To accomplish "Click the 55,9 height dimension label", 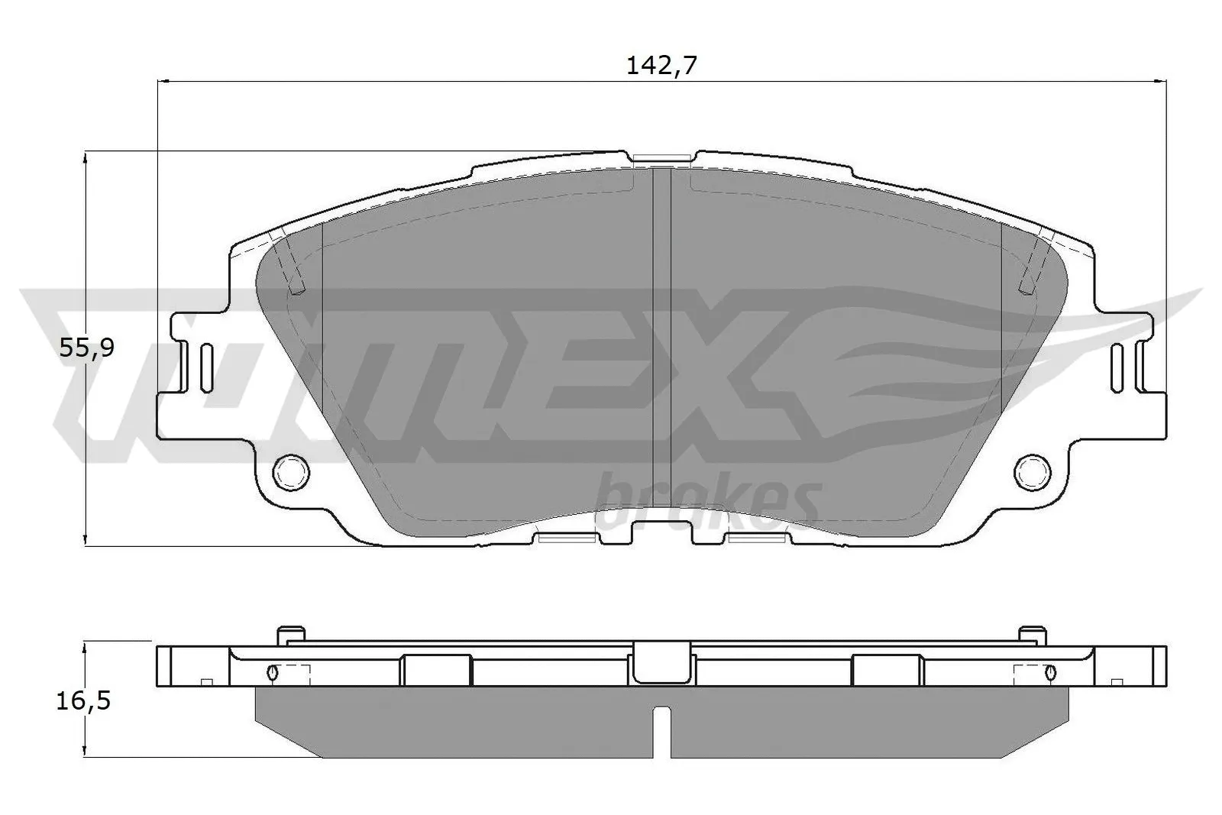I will tap(86, 348).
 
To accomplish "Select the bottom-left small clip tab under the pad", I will tap(566, 538).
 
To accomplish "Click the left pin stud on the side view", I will tap(291, 634).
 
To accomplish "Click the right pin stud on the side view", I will tap(1032, 634).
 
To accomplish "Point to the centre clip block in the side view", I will tap(661, 661).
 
